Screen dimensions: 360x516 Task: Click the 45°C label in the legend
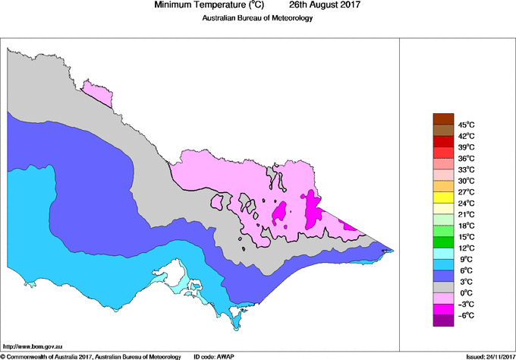click(x=466, y=125)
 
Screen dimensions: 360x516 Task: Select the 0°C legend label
click(x=465, y=293)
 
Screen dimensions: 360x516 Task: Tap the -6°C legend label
click(x=465, y=315)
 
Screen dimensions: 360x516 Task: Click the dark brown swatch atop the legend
click(x=443, y=118)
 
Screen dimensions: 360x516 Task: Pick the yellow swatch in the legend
click(x=443, y=197)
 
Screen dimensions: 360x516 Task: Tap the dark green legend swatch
click(x=443, y=242)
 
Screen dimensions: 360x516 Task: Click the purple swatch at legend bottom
click(x=443, y=321)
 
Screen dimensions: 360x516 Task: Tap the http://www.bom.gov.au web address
click(x=33, y=346)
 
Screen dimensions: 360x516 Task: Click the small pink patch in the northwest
click(x=97, y=93)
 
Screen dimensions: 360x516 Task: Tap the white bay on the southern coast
click(x=177, y=271)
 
